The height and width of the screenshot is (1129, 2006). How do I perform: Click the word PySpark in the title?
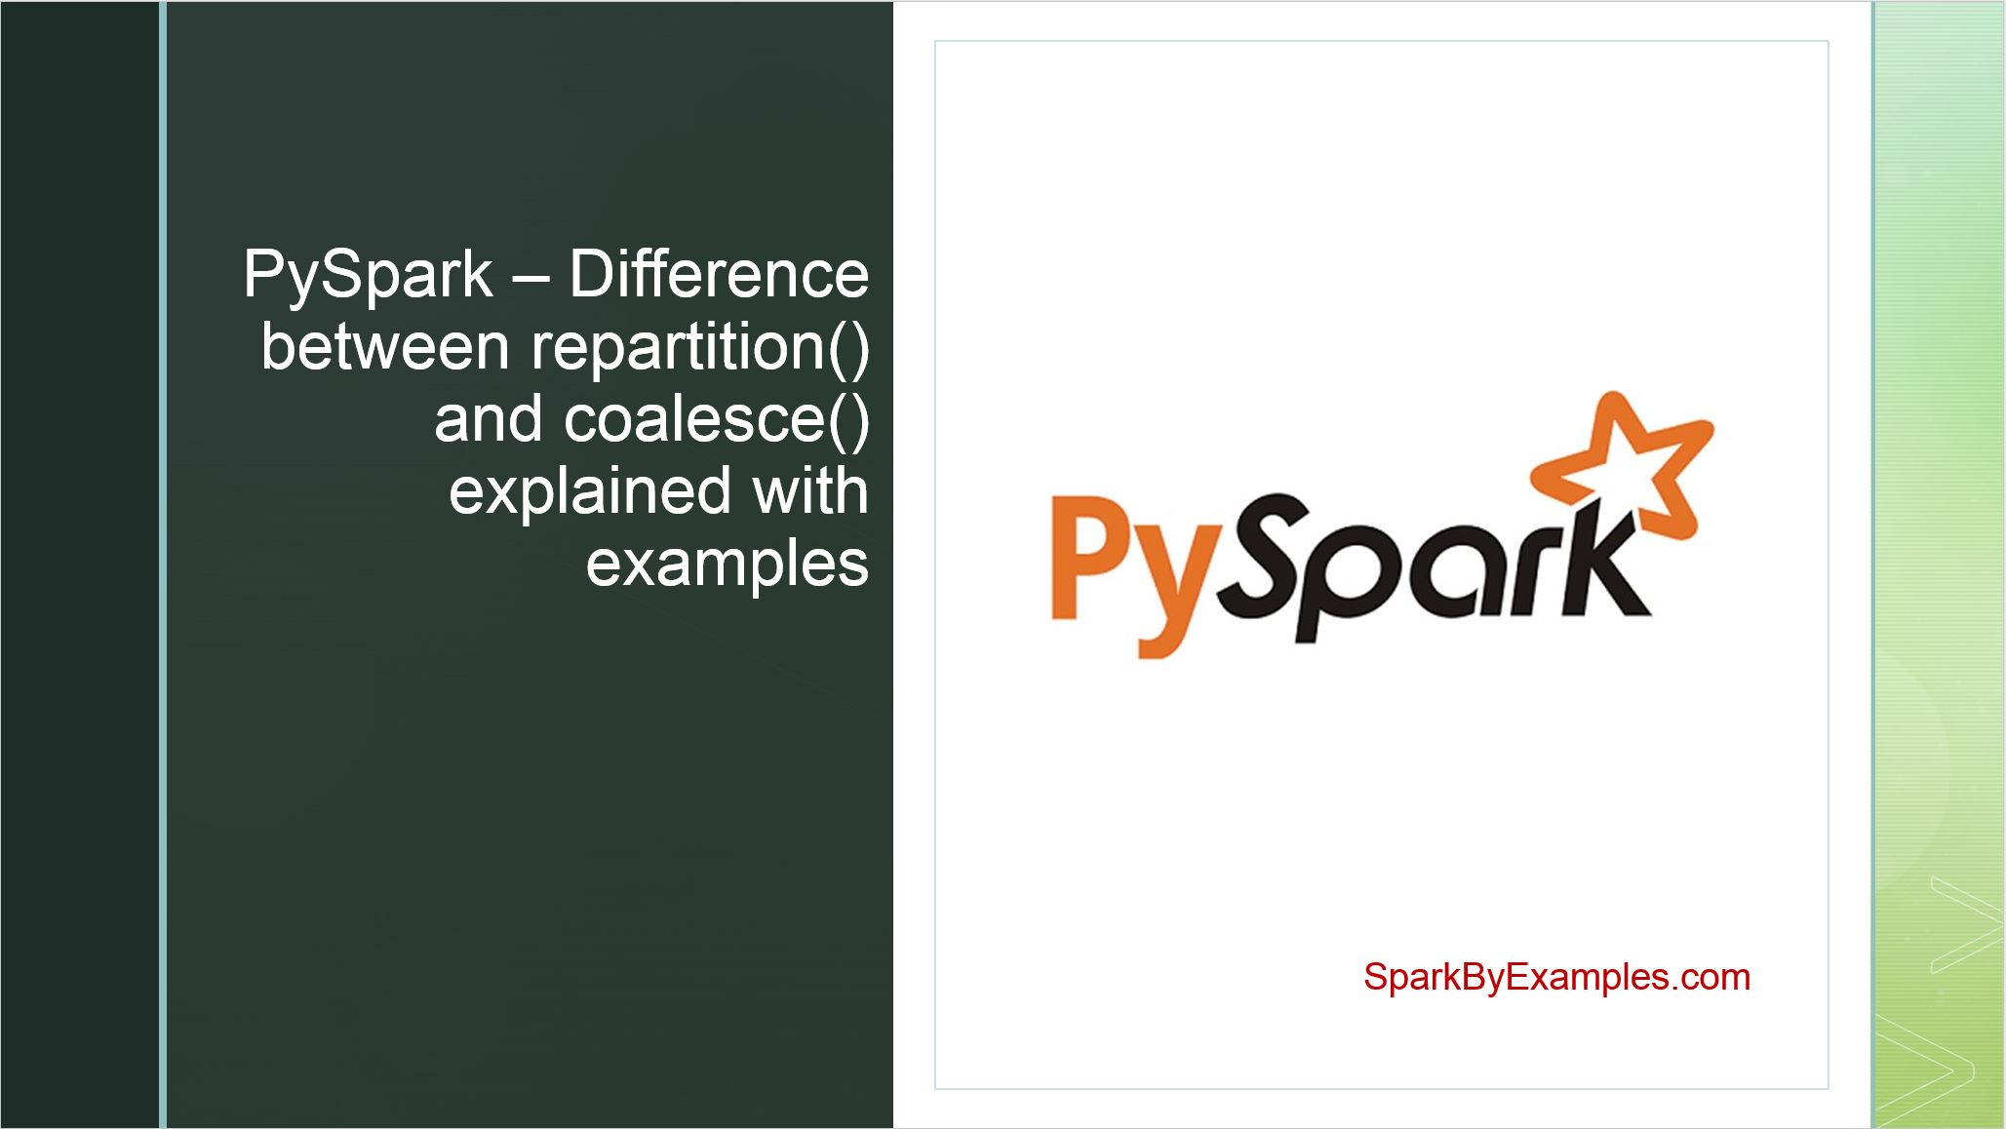tap(368, 276)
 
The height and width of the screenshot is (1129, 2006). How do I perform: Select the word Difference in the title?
tap(719, 275)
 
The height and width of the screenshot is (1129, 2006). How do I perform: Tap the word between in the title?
tap(385, 347)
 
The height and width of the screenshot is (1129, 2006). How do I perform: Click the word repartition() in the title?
tap(700, 348)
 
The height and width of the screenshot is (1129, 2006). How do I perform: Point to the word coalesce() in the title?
tap(716, 419)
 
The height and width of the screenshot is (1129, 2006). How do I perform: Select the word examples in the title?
tap(727, 564)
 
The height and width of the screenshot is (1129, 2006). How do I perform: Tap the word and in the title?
tap(488, 419)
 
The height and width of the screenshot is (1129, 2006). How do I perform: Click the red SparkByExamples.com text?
tap(1556, 977)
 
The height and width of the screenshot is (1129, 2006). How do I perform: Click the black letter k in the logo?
tap(1599, 565)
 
